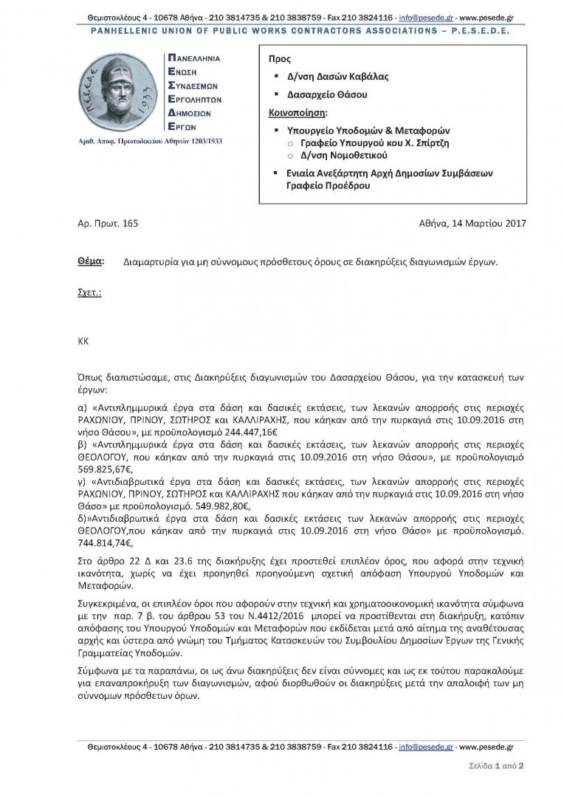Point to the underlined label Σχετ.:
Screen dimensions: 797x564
[x=89, y=292]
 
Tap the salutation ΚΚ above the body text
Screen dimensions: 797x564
[x=83, y=342]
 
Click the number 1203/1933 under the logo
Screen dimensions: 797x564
[x=199, y=140]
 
